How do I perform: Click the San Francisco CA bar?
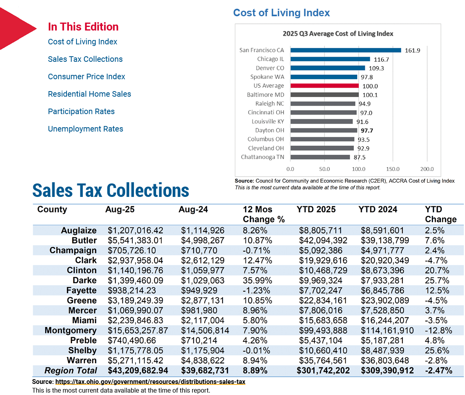(345, 50)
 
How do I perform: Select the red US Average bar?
(324, 86)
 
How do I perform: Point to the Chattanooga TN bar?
(320, 157)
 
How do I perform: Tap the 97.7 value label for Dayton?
(367, 131)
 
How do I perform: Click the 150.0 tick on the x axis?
(393, 169)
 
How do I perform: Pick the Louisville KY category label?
(268, 122)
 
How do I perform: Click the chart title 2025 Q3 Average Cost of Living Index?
(338, 34)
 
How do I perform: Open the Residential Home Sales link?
(89, 94)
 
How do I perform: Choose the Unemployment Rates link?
(86, 129)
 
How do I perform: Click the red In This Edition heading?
(83, 27)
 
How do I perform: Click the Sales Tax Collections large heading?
(111, 191)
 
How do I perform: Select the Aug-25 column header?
(120, 209)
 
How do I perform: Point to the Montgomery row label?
(71, 330)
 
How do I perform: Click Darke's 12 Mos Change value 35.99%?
(257, 281)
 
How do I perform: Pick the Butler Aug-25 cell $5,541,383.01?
(135, 240)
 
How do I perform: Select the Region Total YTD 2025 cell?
(323, 371)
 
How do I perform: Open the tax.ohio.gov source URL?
(151, 382)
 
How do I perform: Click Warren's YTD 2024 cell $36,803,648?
(385, 361)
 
